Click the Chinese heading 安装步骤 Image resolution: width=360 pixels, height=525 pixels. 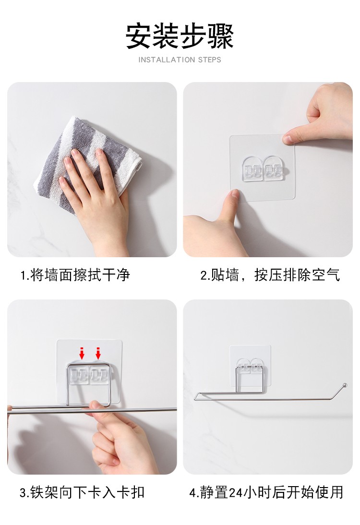(180, 36)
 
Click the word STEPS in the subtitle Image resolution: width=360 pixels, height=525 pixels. (210, 60)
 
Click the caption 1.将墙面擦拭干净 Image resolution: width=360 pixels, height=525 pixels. (75, 275)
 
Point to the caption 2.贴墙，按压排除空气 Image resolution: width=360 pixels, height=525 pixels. (270, 275)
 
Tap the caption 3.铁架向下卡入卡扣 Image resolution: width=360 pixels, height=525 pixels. (82, 492)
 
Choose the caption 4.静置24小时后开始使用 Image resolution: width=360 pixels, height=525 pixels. (266, 492)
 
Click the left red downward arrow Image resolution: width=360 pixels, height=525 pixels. (82, 353)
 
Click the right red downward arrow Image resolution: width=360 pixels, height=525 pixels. (98, 353)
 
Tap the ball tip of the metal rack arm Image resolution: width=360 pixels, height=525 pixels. (345, 385)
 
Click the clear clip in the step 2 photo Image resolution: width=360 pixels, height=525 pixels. (262, 169)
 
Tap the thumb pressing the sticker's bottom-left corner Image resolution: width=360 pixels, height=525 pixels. (233, 196)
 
